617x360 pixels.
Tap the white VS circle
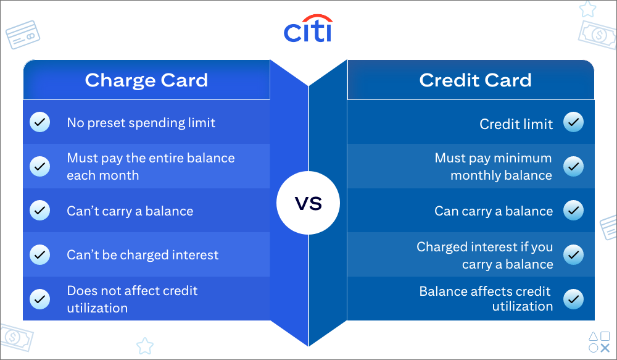[308, 203]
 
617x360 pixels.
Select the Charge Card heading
[146, 80]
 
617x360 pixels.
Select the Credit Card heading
[475, 80]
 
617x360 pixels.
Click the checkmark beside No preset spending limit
[40, 122]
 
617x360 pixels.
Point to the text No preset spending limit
[141, 123]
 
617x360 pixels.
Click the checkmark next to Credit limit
[574, 122]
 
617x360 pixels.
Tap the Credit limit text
[516, 124]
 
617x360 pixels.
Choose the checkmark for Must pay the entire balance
[40, 166]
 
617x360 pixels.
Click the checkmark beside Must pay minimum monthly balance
[574, 166]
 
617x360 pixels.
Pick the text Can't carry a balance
[130, 211]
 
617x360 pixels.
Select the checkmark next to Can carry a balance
[574, 211]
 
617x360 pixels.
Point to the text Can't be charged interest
[143, 255]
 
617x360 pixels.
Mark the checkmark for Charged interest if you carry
[574, 254]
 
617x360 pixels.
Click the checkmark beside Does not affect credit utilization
[40, 299]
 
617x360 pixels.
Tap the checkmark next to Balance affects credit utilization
[574, 299]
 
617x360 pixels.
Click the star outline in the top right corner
[587, 10]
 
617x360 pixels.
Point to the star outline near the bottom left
[144, 345]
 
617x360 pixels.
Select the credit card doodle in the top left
[23, 35]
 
